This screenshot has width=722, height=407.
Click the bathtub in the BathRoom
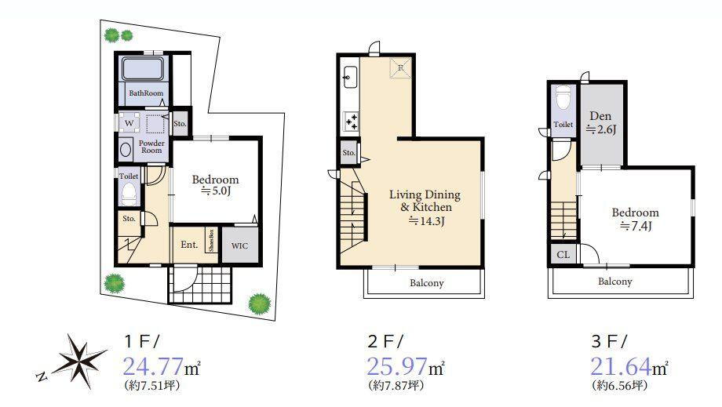click(142, 68)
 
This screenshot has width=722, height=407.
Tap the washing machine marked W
click(129, 123)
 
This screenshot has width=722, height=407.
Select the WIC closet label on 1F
click(239, 245)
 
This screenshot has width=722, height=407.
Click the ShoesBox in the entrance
click(211, 240)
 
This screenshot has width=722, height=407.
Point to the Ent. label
click(189, 245)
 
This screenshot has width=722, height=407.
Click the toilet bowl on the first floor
click(129, 194)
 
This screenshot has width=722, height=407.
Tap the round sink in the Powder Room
click(126, 150)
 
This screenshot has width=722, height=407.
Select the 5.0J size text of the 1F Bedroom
click(216, 191)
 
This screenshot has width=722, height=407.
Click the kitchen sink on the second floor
click(350, 76)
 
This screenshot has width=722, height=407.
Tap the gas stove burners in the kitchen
click(351, 122)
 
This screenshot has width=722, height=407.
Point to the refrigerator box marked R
click(400, 67)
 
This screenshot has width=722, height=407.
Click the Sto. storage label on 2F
click(349, 153)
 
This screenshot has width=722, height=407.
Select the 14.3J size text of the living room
click(427, 221)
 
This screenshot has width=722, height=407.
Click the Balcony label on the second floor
click(427, 283)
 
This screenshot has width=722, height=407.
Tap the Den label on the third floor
click(600, 116)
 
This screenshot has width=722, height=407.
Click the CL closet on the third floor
click(563, 255)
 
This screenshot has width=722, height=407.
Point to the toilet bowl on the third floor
click(563, 98)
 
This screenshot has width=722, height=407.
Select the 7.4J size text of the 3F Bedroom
click(636, 226)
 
